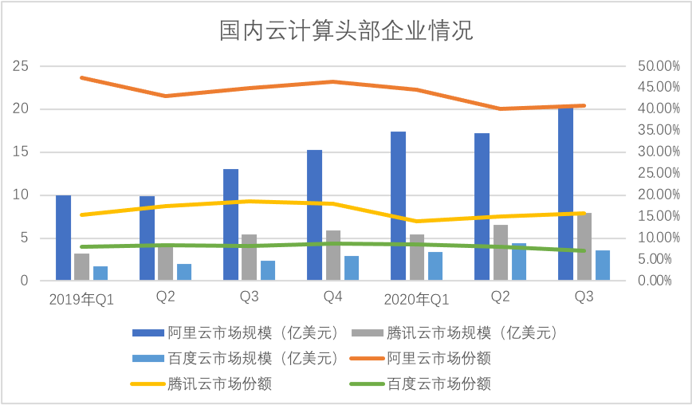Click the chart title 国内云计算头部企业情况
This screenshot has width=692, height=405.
pyautogui.click(x=346, y=31)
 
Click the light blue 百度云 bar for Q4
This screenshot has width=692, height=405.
pyautogui.click(x=352, y=268)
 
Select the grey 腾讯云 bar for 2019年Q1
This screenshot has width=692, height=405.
pyautogui.click(x=81, y=267)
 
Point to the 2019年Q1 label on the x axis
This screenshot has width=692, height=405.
pyautogui.click(x=81, y=299)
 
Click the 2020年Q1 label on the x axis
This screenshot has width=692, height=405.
pyautogui.click(x=416, y=299)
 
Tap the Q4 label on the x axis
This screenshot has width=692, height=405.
pyautogui.click(x=332, y=297)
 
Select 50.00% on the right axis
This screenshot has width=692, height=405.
pyautogui.click(x=659, y=66)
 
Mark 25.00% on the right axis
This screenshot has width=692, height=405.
pyautogui.click(x=659, y=174)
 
